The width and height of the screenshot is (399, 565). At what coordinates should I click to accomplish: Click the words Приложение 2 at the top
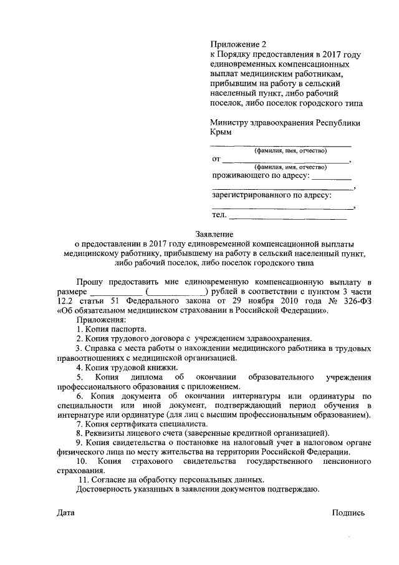click(x=238, y=44)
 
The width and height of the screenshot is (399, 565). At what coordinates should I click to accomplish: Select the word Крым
click(x=221, y=133)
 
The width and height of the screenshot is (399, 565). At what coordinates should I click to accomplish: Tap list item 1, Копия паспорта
click(x=112, y=328)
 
